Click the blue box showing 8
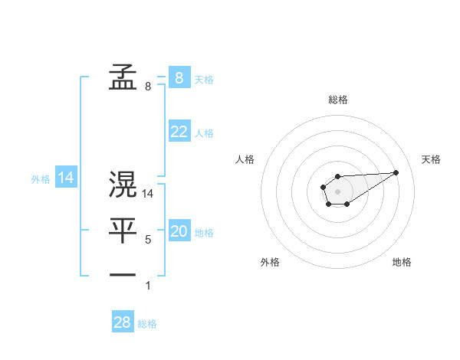(179, 77)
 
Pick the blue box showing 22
(179, 132)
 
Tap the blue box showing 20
(179, 231)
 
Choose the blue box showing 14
(66, 178)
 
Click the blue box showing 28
(123, 322)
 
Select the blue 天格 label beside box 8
(204, 79)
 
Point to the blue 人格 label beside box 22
(204, 133)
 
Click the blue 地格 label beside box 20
(204, 233)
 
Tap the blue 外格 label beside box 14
(41, 179)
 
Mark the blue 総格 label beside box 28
(147, 324)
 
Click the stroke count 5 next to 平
(148, 240)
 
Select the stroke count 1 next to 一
(148, 286)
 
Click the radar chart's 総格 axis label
(338, 100)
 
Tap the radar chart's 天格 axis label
(431, 159)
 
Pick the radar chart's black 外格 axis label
(270, 262)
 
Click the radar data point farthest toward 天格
(396, 172)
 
